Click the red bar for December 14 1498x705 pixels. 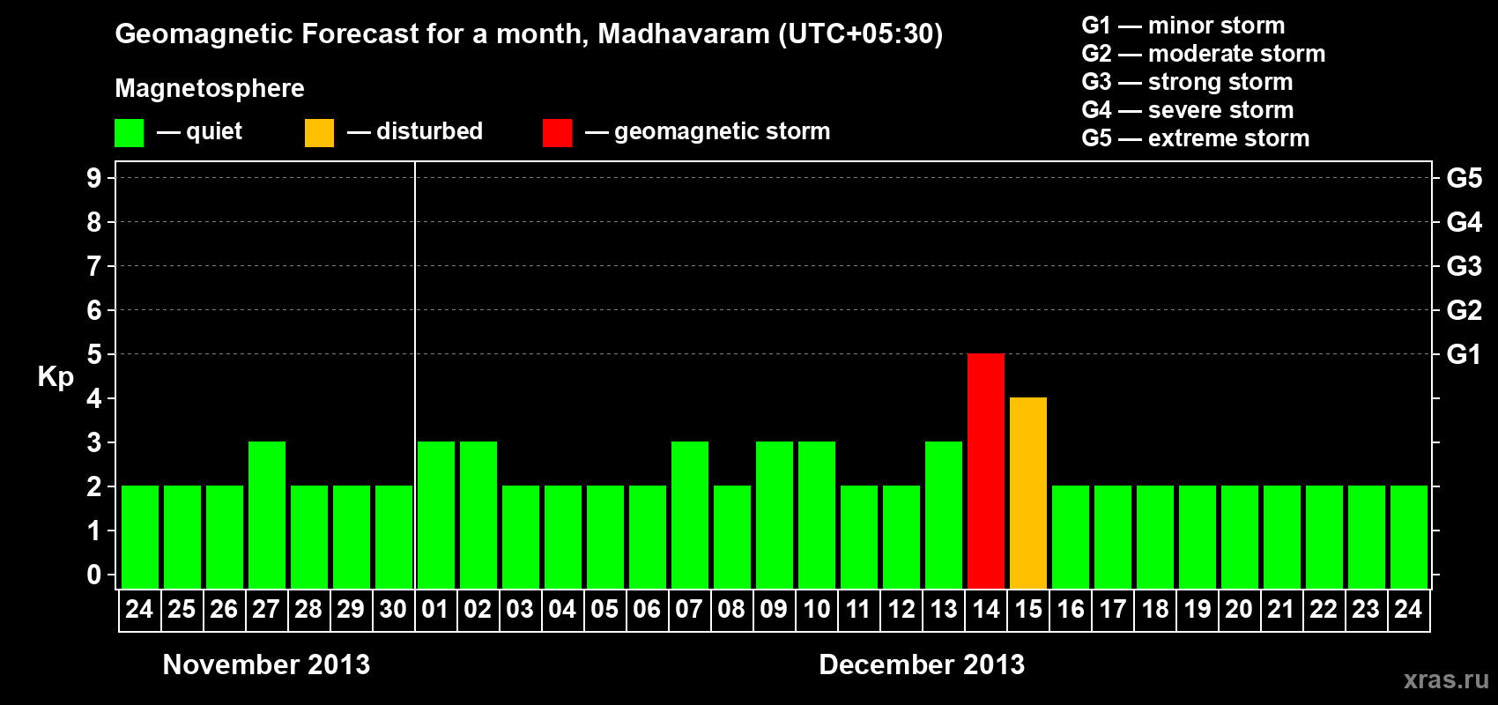(985, 471)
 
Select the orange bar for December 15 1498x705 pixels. (1027, 493)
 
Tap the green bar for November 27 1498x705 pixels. (266, 515)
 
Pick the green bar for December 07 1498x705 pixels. (689, 515)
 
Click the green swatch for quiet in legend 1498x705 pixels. (129, 133)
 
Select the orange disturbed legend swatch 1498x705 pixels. (319, 133)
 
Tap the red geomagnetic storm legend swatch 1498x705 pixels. (557, 133)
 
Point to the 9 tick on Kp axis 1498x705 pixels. (94, 178)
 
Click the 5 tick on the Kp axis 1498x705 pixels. (94, 354)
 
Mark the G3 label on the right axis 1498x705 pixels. (1464, 266)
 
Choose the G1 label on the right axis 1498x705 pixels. (1464, 354)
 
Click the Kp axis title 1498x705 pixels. (56, 377)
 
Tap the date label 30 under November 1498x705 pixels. (393, 609)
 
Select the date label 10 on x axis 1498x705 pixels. (816, 609)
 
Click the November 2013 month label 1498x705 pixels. (266, 664)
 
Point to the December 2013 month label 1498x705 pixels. (922, 664)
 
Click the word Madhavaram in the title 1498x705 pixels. (684, 34)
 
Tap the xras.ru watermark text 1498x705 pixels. (1446, 679)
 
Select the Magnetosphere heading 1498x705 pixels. (210, 88)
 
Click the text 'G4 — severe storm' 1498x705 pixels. (1187, 110)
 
